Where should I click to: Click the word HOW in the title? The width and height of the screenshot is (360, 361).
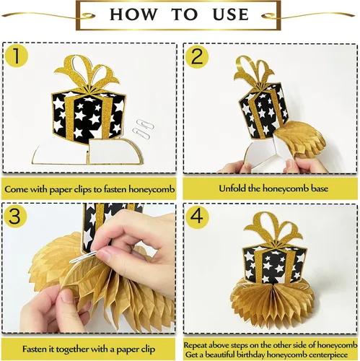(x=133, y=14)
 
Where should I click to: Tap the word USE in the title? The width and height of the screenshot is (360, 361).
(x=231, y=14)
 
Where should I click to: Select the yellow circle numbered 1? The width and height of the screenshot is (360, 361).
(x=17, y=56)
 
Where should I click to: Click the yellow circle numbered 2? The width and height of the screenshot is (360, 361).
(x=197, y=56)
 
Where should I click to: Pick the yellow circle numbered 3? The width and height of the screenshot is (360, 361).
(x=15, y=215)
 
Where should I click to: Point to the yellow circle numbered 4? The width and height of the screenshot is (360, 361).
(x=197, y=216)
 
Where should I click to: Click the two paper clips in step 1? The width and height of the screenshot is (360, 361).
(x=144, y=129)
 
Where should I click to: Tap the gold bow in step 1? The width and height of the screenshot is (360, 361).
(x=87, y=72)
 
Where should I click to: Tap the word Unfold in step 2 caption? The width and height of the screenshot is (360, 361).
(x=232, y=188)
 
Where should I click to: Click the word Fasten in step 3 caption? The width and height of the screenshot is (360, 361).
(x=35, y=349)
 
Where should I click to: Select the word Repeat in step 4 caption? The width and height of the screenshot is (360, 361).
(x=196, y=345)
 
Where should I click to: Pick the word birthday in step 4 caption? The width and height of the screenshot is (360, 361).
(x=251, y=355)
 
